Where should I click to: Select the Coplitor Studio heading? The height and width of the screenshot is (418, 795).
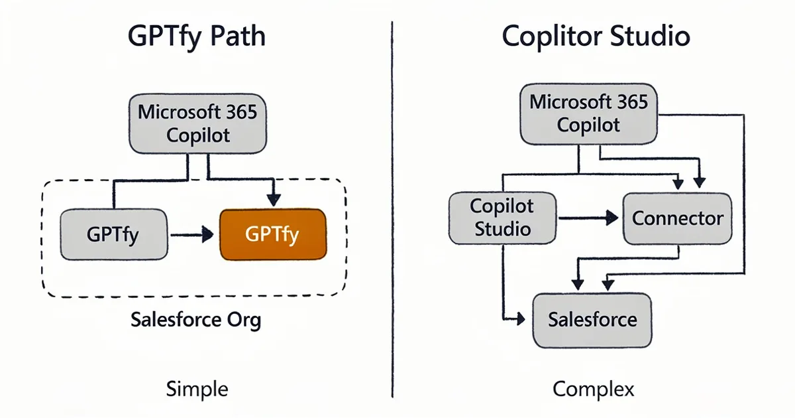[x=596, y=36]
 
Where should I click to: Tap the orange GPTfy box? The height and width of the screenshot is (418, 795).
[x=272, y=234]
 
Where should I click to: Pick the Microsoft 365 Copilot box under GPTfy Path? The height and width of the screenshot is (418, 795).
[x=197, y=123]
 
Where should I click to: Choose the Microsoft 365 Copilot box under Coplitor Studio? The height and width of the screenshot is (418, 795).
[x=589, y=113]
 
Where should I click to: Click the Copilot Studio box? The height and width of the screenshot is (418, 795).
[x=501, y=217]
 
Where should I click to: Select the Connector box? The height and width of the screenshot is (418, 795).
[x=678, y=218]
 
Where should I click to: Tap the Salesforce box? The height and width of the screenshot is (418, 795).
[x=592, y=320]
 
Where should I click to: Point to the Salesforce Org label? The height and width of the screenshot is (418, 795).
[x=196, y=320]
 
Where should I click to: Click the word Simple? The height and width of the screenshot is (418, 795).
[x=197, y=389]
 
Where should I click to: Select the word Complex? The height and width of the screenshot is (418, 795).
[x=593, y=389]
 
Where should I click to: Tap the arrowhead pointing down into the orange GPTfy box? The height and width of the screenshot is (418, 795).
[x=273, y=199]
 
